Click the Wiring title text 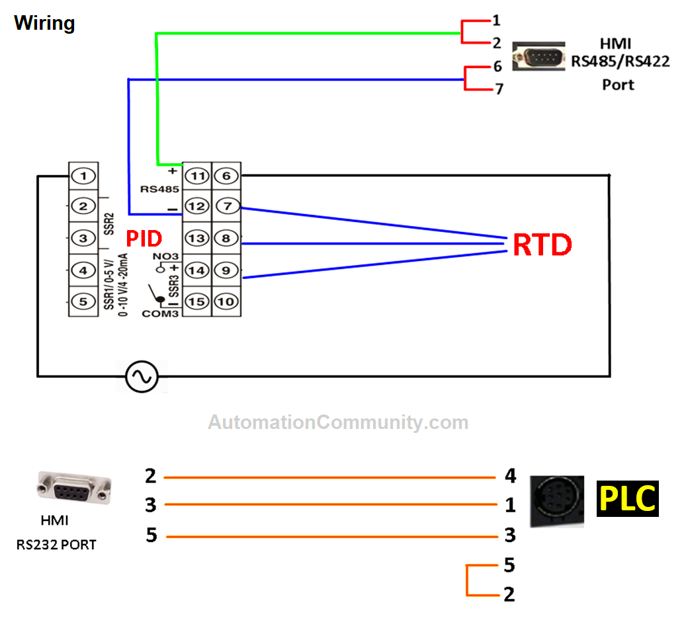point(44,23)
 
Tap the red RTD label point(542,245)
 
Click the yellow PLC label point(627,498)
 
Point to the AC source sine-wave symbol point(142,377)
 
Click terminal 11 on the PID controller point(196,176)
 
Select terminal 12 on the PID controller point(196,206)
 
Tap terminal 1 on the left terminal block point(83,176)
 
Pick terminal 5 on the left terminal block point(83,301)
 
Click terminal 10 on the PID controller point(226,301)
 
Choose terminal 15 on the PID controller point(196,301)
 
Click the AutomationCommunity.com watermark point(338,422)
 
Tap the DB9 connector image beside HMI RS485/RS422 point(540,56)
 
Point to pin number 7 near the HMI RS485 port point(499,88)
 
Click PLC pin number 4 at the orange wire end point(509,476)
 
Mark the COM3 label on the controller point(160,313)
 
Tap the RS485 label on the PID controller point(156,189)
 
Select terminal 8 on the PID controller point(226,238)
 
